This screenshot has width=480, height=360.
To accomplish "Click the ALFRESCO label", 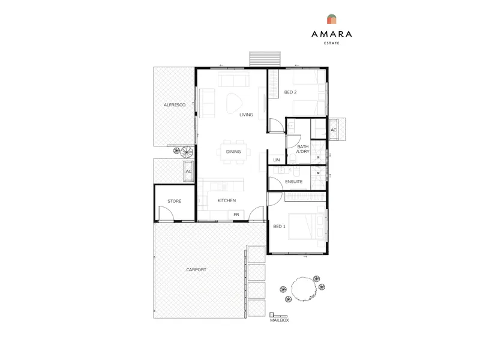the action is click(x=175, y=104).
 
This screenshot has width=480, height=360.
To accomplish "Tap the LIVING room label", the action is click(x=246, y=115).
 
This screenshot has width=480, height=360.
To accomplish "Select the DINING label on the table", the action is click(x=233, y=152).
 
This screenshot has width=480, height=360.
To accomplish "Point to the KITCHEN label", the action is click(x=227, y=200).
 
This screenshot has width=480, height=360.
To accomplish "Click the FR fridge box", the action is click(x=236, y=215).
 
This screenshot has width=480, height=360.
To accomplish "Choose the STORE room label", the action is click(x=175, y=201).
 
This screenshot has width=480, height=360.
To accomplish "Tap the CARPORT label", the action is click(x=196, y=269).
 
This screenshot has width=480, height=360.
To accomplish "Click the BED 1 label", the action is click(x=279, y=227).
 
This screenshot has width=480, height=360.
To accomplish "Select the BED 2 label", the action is click(x=290, y=92).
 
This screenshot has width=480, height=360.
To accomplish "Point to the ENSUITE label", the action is click(x=294, y=182).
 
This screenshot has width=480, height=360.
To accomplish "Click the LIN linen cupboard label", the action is click(x=277, y=160).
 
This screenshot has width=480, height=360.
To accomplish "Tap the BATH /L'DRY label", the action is click(x=303, y=149).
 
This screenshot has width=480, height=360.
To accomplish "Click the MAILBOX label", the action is click(x=280, y=320).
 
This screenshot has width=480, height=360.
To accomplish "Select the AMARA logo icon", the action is click(x=332, y=19).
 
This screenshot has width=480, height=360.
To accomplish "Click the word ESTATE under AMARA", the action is click(x=332, y=43).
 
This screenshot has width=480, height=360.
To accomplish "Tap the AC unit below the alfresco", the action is click(x=188, y=171).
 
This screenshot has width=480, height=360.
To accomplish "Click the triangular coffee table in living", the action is click(x=234, y=103).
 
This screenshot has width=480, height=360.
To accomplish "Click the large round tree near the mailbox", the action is click(x=304, y=289).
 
